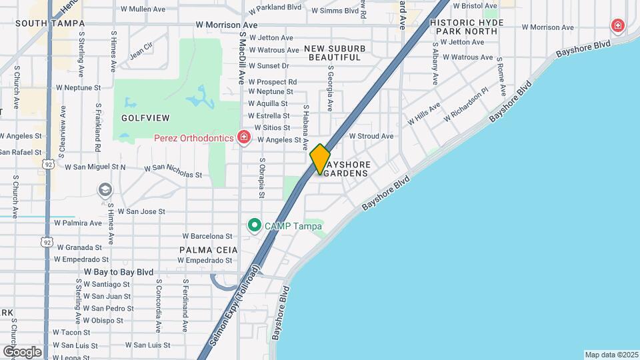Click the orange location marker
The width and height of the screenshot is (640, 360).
[x=320, y=159]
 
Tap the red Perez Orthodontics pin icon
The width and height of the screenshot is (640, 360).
[x=244, y=138]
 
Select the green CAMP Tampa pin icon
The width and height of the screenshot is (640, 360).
[x=254, y=226]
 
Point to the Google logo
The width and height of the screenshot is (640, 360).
[x=22, y=351]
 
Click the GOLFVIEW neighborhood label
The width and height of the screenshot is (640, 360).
[x=145, y=118]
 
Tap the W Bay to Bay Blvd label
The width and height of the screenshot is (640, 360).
[x=119, y=272]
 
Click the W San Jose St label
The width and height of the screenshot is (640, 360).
[x=141, y=211]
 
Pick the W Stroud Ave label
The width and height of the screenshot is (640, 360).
[x=371, y=136]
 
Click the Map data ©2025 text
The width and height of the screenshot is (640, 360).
[x=611, y=355]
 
